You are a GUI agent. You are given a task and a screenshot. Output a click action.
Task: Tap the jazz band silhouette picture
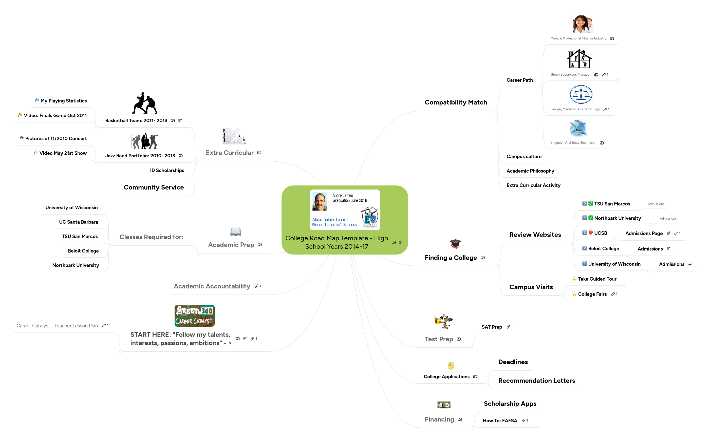[144, 141]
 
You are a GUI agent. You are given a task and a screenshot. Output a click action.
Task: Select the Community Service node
[154, 187]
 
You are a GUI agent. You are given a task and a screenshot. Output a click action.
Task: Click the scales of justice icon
[581, 95]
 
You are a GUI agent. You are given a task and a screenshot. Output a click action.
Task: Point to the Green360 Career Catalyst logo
[194, 316]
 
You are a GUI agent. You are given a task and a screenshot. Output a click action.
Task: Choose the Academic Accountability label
[212, 286]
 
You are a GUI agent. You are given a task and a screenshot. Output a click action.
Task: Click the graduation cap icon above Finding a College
[455, 244]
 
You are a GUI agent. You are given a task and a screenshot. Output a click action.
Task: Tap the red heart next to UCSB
[591, 233]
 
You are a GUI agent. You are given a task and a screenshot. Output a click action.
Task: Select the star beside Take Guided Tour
[574, 279]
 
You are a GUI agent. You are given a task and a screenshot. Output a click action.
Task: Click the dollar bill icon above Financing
[444, 405]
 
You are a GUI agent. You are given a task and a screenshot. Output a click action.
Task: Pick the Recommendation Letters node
[536, 381]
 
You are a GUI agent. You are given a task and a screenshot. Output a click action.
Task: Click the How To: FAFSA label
[500, 421]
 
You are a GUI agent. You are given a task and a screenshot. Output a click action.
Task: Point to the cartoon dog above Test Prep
[443, 322]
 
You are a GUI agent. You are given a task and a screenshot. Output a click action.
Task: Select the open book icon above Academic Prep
[235, 232]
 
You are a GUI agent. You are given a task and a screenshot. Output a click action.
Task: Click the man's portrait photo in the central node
[320, 201]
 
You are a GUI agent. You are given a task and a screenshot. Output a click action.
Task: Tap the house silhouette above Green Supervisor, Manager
[579, 59]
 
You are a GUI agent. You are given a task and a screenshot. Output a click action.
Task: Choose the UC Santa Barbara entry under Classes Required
[78, 222]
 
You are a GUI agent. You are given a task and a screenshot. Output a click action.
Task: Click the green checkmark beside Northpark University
[591, 218]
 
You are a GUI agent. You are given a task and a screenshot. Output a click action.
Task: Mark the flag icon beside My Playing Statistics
[37, 100]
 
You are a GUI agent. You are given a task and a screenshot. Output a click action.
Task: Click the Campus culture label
[524, 157]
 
